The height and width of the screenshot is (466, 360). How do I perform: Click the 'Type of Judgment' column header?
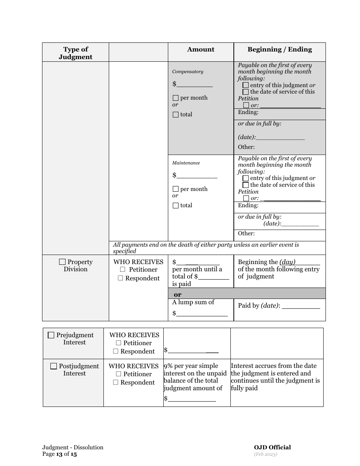[x=75, y=53]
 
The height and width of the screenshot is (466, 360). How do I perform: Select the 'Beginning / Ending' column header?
[x=280, y=49]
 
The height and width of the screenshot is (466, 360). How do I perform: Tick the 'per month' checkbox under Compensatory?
[x=175, y=98]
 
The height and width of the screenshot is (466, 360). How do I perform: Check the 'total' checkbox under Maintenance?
[x=175, y=206]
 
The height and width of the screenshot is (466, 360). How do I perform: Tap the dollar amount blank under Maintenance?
[x=197, y=175]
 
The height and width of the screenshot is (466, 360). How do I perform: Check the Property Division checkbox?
[x=63, y=262]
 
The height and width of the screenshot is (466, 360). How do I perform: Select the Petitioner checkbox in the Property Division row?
[x=123, y=270]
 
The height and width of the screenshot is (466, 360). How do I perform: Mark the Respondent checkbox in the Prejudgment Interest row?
[x=116, y=352]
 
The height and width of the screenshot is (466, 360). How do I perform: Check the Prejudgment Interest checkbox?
[x=51, y=335]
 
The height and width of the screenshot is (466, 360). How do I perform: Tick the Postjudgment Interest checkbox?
[x=54, y=366]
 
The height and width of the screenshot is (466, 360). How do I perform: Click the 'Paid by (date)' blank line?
[x=301, y=306]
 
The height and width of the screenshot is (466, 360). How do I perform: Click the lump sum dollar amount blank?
[x=202, y=313]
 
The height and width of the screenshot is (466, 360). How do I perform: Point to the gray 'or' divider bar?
[x=246, y=294]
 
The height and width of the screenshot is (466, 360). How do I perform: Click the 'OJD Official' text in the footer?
[x=272, y=447]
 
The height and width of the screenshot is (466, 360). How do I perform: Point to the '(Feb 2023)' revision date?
[x=265, y=454]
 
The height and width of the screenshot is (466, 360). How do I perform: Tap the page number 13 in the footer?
[x=59, y=454]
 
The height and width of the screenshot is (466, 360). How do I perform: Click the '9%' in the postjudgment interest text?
[x=169, y=366]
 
